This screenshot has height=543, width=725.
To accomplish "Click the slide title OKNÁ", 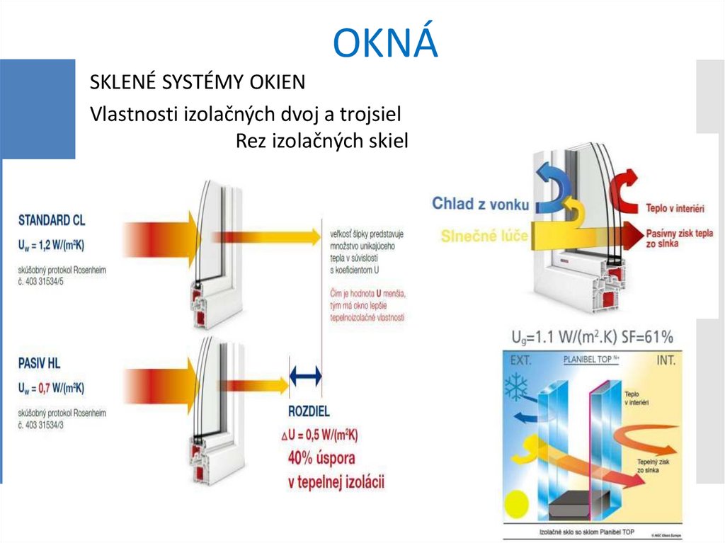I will pos(385,43).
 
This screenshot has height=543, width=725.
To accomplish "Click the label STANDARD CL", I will pos(52,219).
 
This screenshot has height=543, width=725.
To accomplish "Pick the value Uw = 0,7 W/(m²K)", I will pos(51,388).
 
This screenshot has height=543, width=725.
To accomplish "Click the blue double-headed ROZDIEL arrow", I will pos(306,375).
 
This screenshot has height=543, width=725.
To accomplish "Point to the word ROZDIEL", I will pos(309,411).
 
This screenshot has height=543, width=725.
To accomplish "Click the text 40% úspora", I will pos(321,457).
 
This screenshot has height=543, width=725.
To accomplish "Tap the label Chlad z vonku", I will pos(481,204).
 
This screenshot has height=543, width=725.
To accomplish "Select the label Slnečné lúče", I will pos(484,235).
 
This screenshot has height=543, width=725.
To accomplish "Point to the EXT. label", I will pos(521,360).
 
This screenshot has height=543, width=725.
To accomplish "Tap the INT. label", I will pos(666,360).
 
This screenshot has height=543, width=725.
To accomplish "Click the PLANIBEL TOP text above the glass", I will pos(591,360).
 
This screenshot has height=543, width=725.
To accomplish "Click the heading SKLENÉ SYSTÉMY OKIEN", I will pos(198,83).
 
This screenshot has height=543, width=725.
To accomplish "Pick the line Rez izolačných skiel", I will pos(322,142).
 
